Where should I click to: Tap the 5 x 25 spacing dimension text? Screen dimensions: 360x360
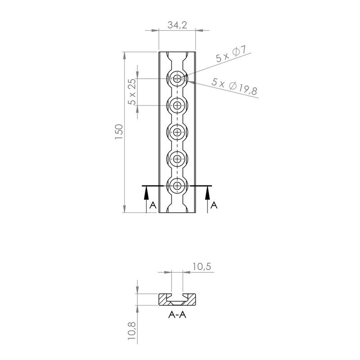[x=131, y=92]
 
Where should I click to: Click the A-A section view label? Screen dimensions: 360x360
[x=177, y=315]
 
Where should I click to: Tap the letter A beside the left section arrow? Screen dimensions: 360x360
[x=153, y=205]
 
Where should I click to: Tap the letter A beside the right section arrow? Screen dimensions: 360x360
[x=214, y=205]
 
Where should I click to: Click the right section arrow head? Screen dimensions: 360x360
[x=207, y=193]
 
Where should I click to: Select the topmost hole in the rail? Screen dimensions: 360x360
[x=178, y=79]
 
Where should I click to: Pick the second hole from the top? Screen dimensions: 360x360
[x=178, y=106]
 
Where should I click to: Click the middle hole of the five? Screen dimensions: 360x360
[x=178, y=132]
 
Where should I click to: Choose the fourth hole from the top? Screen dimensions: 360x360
[x=178, y=159]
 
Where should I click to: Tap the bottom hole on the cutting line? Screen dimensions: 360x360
[x=178, y=185]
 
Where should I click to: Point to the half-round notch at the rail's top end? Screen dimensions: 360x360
[x=178, y=56]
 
